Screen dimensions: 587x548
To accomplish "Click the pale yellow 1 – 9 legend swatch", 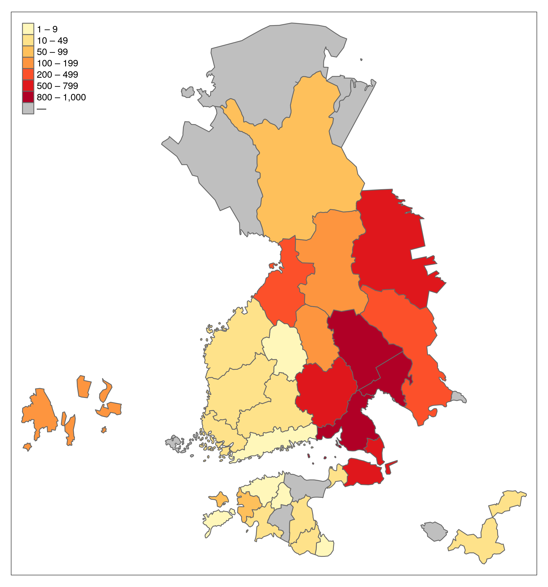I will coord(28,29).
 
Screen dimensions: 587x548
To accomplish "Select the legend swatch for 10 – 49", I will coord(28,40).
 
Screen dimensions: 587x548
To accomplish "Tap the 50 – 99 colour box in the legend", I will coord(28,52).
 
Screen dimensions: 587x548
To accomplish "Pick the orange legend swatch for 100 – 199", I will coord(28,63).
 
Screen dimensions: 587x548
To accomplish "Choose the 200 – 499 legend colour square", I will coord(28,74).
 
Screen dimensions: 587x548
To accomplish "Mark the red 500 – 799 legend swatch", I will coord(28,86).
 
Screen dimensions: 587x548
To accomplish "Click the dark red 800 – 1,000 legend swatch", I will coord(28,97).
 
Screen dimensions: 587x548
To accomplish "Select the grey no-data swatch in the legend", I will coord(28,108).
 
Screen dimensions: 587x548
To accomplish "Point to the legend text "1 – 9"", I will coord(47,29).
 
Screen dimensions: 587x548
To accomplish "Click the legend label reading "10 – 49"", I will coord(52,40).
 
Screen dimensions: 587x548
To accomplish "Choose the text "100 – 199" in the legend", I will coord(57,63).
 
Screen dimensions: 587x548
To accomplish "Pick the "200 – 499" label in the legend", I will coord(57,75).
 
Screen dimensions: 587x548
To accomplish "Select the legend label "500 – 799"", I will coord(57,86).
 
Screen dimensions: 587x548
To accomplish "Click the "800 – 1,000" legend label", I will coord(61,97).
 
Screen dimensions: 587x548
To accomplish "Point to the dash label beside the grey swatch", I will coord(41,109).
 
